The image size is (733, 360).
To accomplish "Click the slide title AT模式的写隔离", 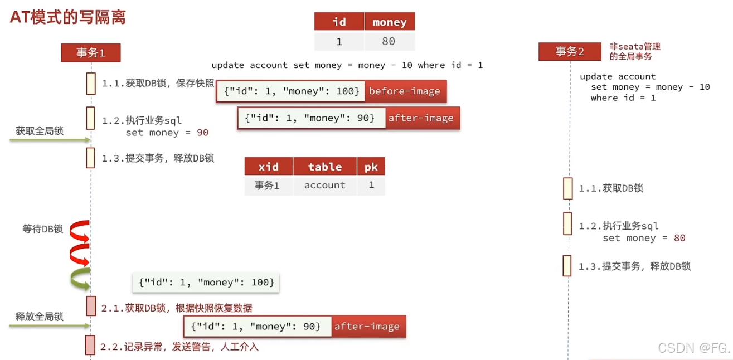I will (x=68, y=17).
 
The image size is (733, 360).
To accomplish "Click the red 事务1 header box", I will (x=90, y=53).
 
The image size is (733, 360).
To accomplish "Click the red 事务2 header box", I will (x=570, y=52).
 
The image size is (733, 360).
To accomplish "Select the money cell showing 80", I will (x=389, y=42).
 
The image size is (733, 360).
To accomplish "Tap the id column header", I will (x=339, y=22).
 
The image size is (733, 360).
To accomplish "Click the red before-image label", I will (x=404, y=91).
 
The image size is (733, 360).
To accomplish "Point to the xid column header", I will (x=268, y=167).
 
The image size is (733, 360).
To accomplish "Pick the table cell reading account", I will (x=324, y=186).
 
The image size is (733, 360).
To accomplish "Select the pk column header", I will (x=371, y=167).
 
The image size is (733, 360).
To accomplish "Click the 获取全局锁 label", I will (x=40, y=131).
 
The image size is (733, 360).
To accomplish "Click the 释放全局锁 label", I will (x=40, y=317).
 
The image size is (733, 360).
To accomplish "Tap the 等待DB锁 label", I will (x=43, y=229).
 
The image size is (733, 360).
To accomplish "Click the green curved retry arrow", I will (x=80, y=279).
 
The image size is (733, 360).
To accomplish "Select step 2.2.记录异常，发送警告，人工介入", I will (x=179, y=347).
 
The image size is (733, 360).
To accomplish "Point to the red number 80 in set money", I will (x=679, y=238).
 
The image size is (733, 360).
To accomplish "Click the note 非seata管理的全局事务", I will (x=634, y=51).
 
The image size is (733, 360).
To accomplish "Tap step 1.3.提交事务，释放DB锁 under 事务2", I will (x=634, y=266).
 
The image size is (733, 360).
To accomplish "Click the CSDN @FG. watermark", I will (x=693, y=348).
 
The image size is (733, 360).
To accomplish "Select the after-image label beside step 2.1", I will (x=367, y=327).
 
